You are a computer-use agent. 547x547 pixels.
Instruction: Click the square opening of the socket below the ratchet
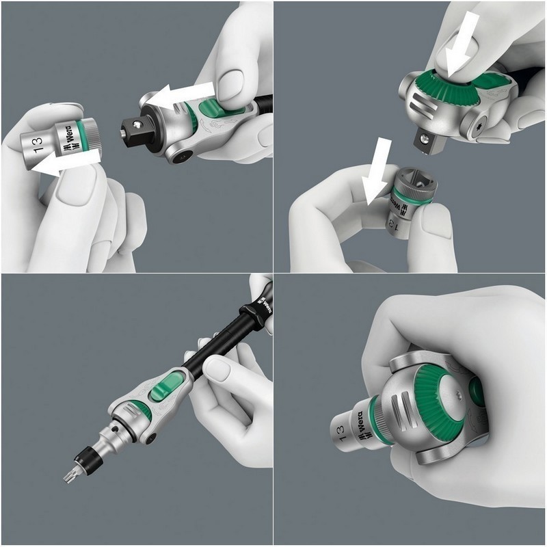[x=408, y=183]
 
